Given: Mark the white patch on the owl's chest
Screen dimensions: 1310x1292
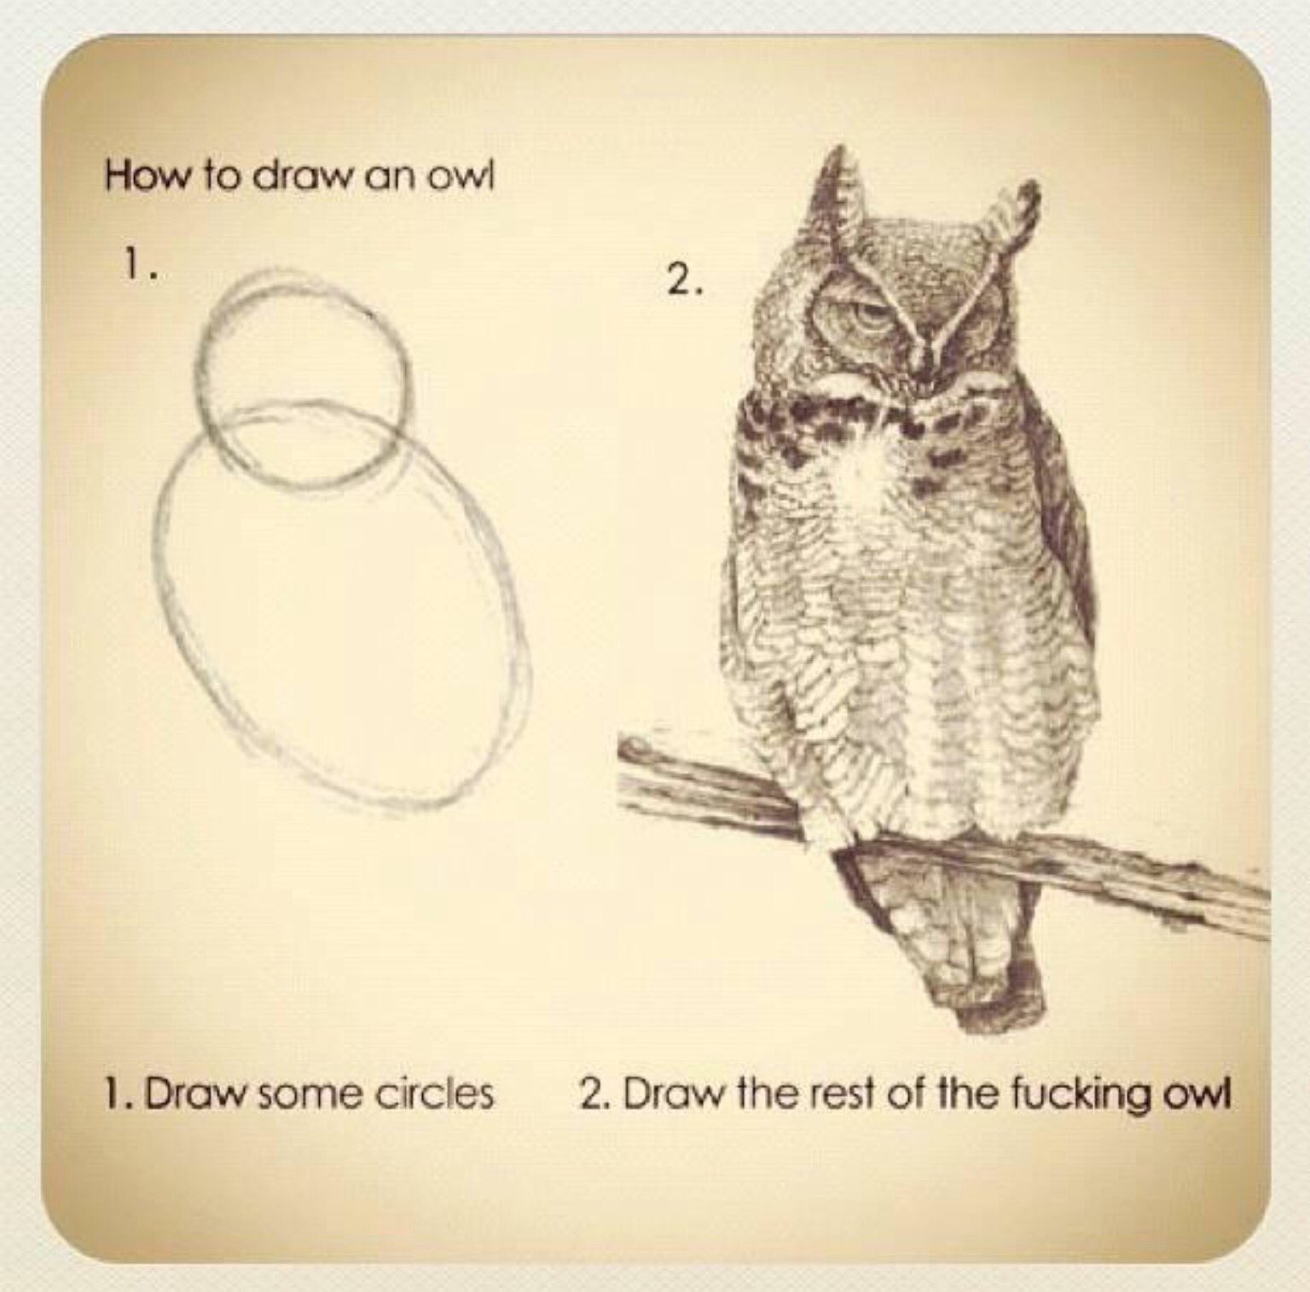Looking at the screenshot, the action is (870, 478).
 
